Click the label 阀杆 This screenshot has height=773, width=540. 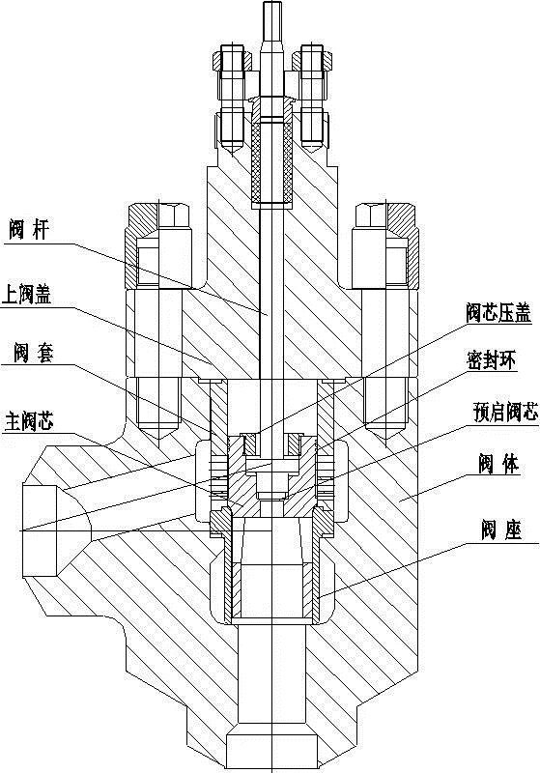click(30, 230)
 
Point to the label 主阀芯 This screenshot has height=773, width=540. click(28, 422)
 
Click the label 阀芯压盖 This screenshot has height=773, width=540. click(498, 313)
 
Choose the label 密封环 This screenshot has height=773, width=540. click(491, 361)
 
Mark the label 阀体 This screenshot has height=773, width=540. click(498, 465)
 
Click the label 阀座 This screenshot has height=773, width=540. click(501, 530)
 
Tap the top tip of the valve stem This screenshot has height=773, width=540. click(271, 3)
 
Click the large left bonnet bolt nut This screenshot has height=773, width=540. click(158, 244)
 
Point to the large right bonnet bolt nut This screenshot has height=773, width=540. click(386, 244)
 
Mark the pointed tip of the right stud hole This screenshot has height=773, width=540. click(386, 436)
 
